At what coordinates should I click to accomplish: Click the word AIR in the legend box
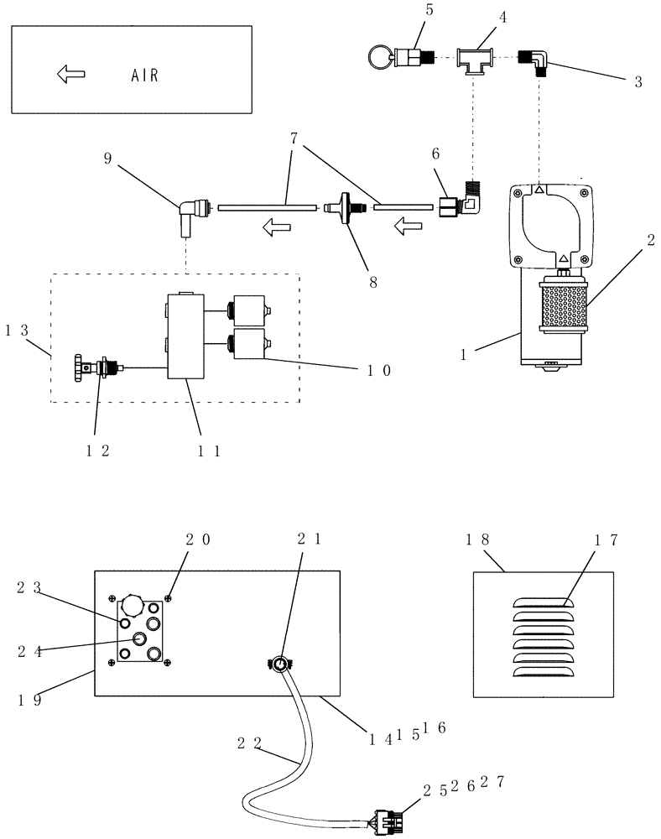pyautogui.click(x=143, y=74)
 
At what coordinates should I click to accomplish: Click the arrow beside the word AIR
pyautogui.click(x=71, y=74)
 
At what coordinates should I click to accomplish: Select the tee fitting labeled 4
pyautogui.click(x=474, y=61)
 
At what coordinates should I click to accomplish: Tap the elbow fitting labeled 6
pyautogui.click(x=457, y=205)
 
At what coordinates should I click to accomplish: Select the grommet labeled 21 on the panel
pyautogui.click(x=279, y=664)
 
